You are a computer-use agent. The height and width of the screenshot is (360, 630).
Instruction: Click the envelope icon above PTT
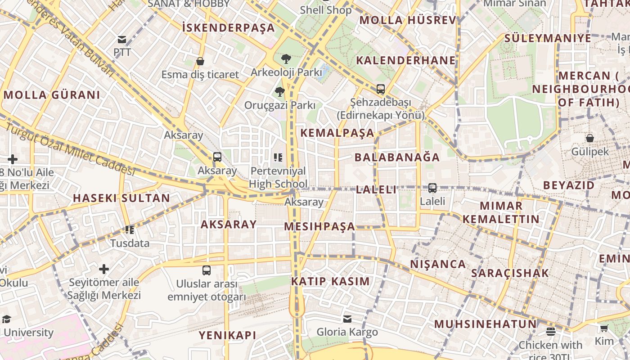122,39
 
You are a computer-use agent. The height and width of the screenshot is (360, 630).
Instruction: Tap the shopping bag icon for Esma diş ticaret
200,61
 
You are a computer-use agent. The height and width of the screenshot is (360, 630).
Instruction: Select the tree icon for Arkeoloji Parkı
286,58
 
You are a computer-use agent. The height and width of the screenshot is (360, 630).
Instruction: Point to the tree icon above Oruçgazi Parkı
279,92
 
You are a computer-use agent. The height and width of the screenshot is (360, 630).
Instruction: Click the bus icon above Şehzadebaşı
381,89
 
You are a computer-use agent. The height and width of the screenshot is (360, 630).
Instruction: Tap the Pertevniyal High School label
278,177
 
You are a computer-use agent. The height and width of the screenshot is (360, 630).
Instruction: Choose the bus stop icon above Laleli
432,188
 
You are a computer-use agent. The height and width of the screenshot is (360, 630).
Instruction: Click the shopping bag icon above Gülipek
589,138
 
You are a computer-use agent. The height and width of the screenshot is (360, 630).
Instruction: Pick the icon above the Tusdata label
130,230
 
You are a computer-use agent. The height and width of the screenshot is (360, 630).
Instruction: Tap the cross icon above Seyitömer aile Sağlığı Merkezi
104,269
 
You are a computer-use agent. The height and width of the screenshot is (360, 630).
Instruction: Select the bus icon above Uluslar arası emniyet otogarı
207,270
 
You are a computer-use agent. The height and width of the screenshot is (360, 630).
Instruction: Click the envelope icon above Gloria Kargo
347,319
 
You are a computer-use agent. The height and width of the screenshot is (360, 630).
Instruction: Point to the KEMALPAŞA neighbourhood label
337,133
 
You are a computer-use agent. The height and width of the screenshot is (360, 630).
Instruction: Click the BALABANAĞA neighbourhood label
397,157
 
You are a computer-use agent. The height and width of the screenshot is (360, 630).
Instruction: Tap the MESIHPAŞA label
319,226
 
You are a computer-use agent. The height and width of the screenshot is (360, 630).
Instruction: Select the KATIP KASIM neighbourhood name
330,282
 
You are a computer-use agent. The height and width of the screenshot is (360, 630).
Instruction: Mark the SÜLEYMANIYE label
548,38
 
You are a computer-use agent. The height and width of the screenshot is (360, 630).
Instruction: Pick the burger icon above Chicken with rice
550,332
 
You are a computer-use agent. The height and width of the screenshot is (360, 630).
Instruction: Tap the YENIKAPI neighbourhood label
228,335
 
